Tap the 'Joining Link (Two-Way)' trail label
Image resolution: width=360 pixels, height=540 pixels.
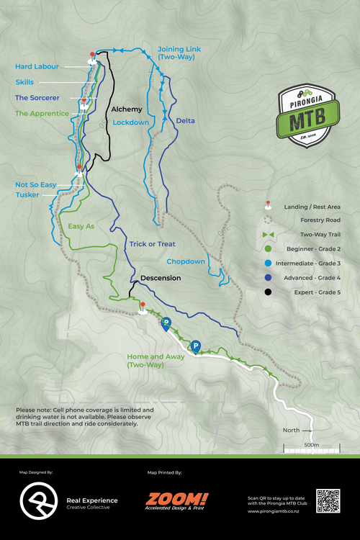click(x=179, y=53)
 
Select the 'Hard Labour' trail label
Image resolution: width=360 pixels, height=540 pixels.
click(x=37, y=67)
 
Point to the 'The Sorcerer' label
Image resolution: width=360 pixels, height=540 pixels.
click(x=37, y=97)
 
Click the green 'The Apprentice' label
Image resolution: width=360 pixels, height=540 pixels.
click(x=42, y=113)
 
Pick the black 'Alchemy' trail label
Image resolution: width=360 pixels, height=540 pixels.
click(x=126, y=109)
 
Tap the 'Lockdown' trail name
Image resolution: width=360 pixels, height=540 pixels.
click(x=130, y=122)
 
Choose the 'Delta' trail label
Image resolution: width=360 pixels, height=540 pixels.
click(x=185, y=120)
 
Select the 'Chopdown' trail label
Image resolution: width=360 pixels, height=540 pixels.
click(x=186, y=261)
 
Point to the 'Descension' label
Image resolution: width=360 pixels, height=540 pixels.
click(x=161, y=278)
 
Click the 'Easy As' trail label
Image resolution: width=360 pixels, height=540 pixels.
click(x=81, y=226)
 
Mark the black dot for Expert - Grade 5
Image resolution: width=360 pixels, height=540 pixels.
click(x=268, y=292)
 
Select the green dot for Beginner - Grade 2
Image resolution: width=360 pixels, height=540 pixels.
click(x=268, y=248)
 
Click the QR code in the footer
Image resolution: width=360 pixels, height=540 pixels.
click(x=328, y=500)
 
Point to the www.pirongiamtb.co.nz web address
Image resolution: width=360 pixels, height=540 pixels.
click(x=274, y=512)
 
